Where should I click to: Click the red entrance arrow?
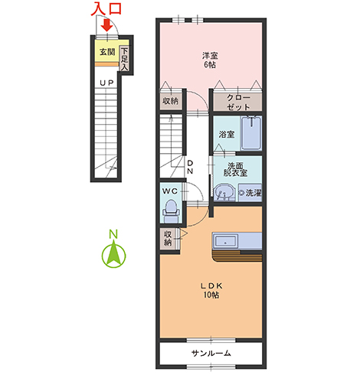[x=107, y=25]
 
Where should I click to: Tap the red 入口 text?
[x=106, y=9]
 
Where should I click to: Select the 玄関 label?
[x=107, y=52]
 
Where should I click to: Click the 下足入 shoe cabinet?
[x=124, y=60]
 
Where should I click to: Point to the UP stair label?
[x=106, y=83]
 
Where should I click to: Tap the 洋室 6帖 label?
[x=210, y=60]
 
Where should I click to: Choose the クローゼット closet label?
[x=238, y=103]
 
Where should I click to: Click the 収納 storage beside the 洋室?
[x=171, y=101]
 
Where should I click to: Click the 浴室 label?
[x=227, y=135]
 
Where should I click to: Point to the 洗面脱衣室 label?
[x=235, y=169]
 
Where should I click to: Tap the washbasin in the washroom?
[x=224, y=193]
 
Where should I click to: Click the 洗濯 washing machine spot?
[x=250, y=193]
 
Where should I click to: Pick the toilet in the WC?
[x=171, y=211]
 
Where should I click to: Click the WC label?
[x=170, y=191]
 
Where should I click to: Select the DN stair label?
[x=190, y=167]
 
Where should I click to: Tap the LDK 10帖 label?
[x=211, y=290]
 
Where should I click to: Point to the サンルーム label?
[x=211, y=354]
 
